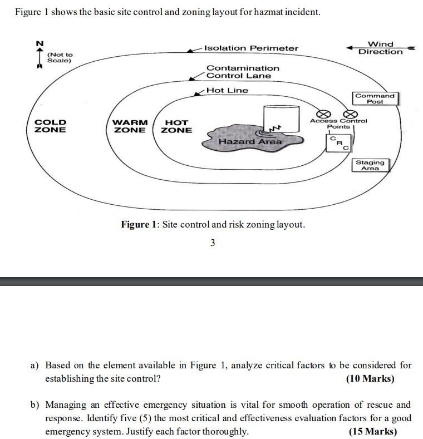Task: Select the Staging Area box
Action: [370, 165]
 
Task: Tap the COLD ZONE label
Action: [50, 126]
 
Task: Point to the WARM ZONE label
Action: [130, 126]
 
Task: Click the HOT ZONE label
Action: [176, 126]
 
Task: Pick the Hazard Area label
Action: [250, 142]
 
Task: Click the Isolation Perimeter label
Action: [251, 48]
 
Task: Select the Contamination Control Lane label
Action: [243, 72]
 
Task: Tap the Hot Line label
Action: [227, 90]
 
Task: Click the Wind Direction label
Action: [381, 48]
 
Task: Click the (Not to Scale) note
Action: [60, 57]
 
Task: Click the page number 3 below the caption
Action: [213, 243]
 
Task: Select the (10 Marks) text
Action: [370, 379]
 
